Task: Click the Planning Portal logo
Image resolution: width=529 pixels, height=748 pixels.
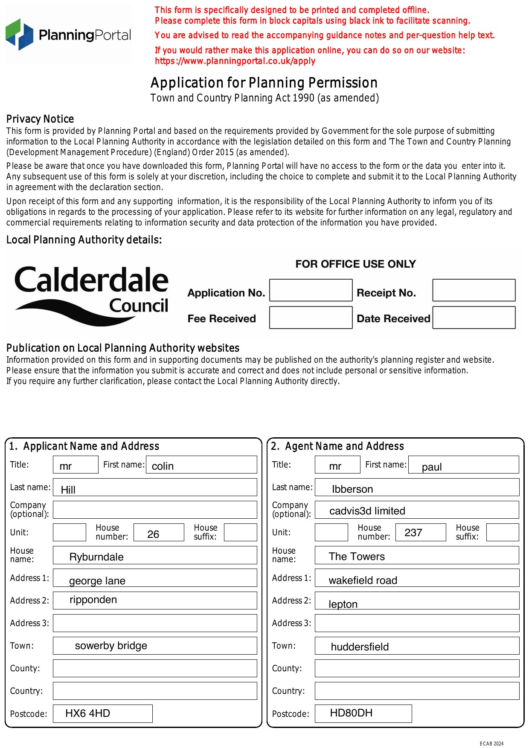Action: click(x=68, y=35)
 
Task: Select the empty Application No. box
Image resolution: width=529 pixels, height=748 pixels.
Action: click(x=311, y=290)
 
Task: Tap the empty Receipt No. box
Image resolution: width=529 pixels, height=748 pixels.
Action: click(x=474, y=290)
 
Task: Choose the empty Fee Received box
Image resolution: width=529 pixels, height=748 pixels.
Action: click(x=311, y=318)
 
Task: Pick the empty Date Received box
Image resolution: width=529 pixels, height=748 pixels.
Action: click(x=474, y=318)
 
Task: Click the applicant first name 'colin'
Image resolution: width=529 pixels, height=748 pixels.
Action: click(x=163, y=466)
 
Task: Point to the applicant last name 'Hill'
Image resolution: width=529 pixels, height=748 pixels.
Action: click(x=68, y=490)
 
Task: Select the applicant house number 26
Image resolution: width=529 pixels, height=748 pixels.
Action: click(x=153, y=534)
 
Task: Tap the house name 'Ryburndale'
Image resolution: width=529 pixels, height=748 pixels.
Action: click(x=96, y=557)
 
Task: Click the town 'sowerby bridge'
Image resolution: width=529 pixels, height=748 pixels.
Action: click(x=111, y=646)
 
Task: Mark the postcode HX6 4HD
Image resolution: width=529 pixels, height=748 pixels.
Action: click(x=87, y=713)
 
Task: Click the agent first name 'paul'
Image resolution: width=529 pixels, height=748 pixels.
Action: click(x=432, y=467)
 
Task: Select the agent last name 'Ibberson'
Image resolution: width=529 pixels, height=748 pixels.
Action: click(x=352, y=489)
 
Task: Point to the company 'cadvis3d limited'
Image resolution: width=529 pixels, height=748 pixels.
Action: click(x=367, y=511)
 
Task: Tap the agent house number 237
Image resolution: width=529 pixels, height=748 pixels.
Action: click(x=413, y=533)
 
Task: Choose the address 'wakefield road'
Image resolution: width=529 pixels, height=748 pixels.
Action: click(x=363, y=580)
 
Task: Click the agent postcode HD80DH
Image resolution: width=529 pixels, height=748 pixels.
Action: click(x=351, y=713)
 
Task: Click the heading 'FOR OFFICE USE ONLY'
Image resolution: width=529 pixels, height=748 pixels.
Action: click(x=355, y=264)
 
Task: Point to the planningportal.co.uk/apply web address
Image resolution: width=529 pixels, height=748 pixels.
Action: click(x=235, y=61)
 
